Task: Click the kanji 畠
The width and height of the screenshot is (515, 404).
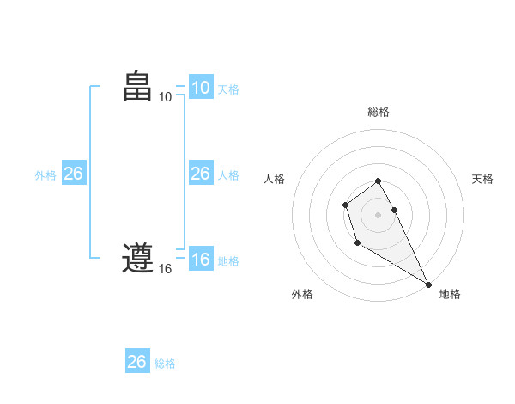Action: click(138, 87)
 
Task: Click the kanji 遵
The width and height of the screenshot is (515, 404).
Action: click(138, 258)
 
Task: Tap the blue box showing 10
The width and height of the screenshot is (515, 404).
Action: click(201, 88)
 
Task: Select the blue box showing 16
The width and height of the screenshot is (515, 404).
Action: click(201, 260)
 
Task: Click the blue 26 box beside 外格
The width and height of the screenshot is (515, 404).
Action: click(74, 174)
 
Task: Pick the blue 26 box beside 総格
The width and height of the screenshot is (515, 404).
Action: click(137, 362)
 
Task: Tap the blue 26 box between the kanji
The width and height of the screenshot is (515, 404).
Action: click(201, 174)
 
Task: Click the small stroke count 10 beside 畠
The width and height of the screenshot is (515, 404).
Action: click(166, 97)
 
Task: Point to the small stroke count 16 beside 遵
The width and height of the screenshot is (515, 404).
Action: click(166, 269)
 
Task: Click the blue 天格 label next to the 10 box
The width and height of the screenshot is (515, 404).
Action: click(228, 89)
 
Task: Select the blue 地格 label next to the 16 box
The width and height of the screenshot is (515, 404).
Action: click(228, 260)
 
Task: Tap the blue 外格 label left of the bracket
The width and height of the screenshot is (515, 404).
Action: click(45, 174)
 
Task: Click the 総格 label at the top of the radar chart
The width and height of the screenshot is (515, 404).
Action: click(379, 112)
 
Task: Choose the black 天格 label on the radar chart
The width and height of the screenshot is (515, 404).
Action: click(482, 179)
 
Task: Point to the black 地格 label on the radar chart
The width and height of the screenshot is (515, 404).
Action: click(450, 294)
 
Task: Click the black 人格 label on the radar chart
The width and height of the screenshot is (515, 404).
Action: click(274, 179)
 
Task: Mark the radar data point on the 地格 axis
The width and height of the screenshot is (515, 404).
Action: click(428, 284)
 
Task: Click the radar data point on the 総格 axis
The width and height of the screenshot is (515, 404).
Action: click(379, 181)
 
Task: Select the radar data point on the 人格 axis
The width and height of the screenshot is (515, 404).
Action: click(345, 205)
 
